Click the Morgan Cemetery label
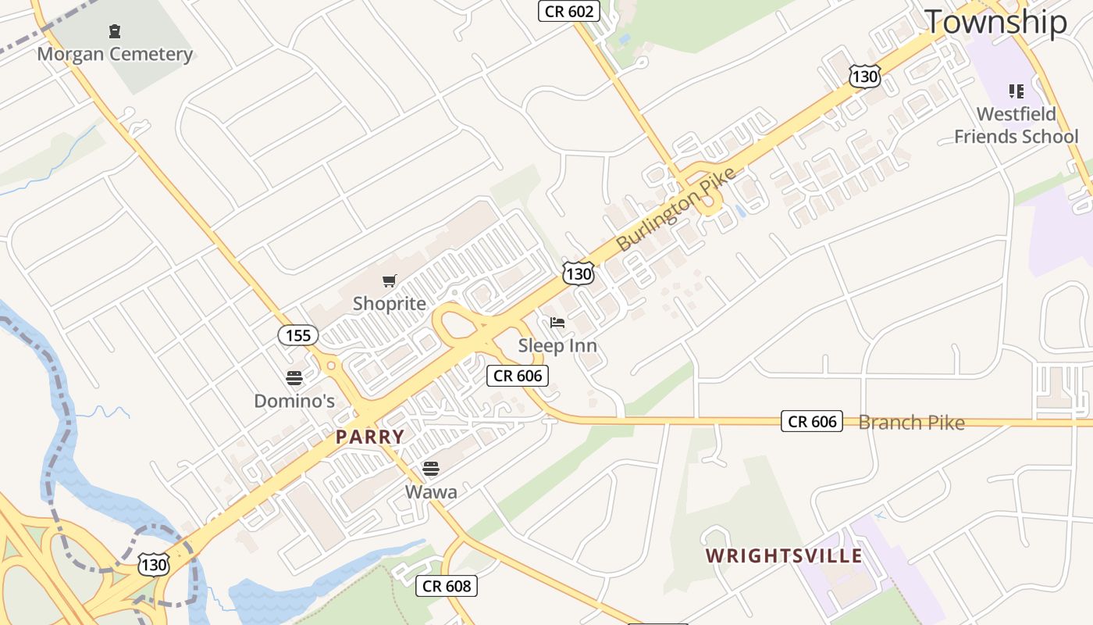115,54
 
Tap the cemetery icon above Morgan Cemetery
115,31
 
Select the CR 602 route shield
569,11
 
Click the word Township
995,22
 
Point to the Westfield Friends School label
1016,125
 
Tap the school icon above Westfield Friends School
1016,91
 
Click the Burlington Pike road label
676,209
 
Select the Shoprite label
390,303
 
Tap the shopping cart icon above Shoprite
390,280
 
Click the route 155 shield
298,335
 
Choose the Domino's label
294,401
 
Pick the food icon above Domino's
294,378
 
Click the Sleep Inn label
557,345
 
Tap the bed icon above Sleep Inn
557,322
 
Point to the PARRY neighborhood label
370,437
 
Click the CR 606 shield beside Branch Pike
812,422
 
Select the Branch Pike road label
911,423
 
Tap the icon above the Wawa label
431,469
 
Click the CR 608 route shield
446,585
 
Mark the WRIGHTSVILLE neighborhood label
784,556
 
